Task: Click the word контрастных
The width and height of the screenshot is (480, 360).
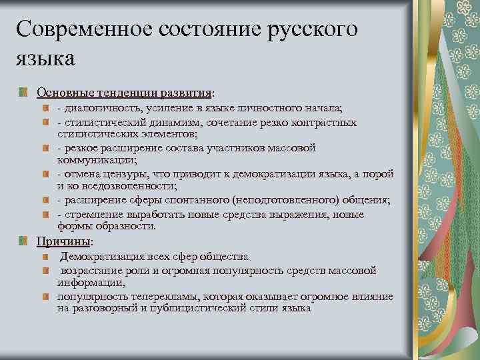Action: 325,123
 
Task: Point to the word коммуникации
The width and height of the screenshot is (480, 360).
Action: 96,160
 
